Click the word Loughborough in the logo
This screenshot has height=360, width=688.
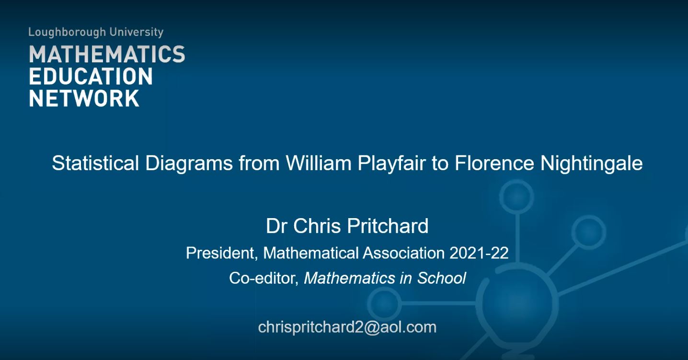(67, 32)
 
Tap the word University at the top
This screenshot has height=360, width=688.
(137, 32)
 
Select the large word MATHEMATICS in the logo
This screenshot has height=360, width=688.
(107, 54)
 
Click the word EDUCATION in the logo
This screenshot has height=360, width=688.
(91, 76)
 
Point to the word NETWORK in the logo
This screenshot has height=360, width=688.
(84, 98)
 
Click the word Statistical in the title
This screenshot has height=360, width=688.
(95, 163)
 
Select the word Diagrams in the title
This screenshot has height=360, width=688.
(189, 163)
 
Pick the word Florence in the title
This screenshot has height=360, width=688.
(494, 163)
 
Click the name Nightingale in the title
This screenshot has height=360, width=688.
(591, 163)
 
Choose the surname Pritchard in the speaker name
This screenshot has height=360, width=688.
(388, 226)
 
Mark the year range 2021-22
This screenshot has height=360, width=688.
(479, 253)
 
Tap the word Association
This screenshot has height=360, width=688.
(404, 253)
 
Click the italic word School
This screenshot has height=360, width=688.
(441, 278)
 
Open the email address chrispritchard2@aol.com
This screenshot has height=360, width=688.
(347, 327)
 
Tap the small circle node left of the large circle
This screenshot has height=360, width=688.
(368, 303)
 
